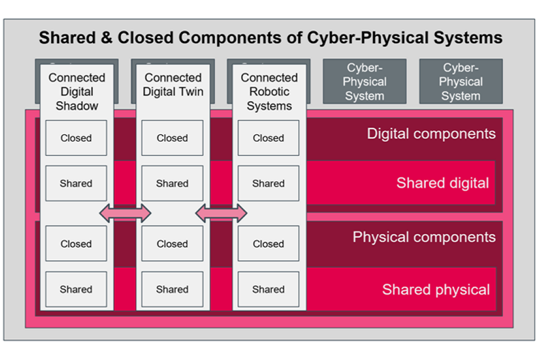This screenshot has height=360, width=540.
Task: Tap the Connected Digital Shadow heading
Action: [x=76, y=92]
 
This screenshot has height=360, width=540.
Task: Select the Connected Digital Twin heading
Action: [x=173, y=84]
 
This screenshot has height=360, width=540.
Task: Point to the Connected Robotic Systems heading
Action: [x=269, y=92]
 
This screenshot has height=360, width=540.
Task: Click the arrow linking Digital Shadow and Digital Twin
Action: [x=125, y=213]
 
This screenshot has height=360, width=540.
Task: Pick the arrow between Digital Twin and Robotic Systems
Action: [x=221, y=213]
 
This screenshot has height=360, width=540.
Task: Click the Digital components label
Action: [x=431, y=134]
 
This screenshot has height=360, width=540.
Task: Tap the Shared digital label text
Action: [x=442, y=183]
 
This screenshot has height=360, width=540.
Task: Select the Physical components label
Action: [x=424, y=237]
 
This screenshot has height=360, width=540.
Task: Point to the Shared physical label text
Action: [x=435, y=290]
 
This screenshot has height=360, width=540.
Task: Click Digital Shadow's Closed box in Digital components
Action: [x=76, y=138]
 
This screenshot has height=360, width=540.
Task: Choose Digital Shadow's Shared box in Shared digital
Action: [x=76, y=183]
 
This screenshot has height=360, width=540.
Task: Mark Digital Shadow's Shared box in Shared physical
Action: [x=76, y=290]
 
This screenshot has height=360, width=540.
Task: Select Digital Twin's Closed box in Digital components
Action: [x=172, y=138]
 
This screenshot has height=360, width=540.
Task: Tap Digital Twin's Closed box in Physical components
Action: [x=172, y=244]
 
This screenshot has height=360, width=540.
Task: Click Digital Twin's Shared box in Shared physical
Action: [x=172, y=290]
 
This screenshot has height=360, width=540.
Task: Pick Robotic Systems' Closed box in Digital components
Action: [x=268, y=138]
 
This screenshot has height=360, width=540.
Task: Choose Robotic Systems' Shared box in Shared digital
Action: [x=268, y=183]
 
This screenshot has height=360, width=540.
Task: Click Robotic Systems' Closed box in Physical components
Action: [x=268, y=244]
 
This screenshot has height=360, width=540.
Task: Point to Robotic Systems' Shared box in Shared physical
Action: [x=268, y=290]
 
